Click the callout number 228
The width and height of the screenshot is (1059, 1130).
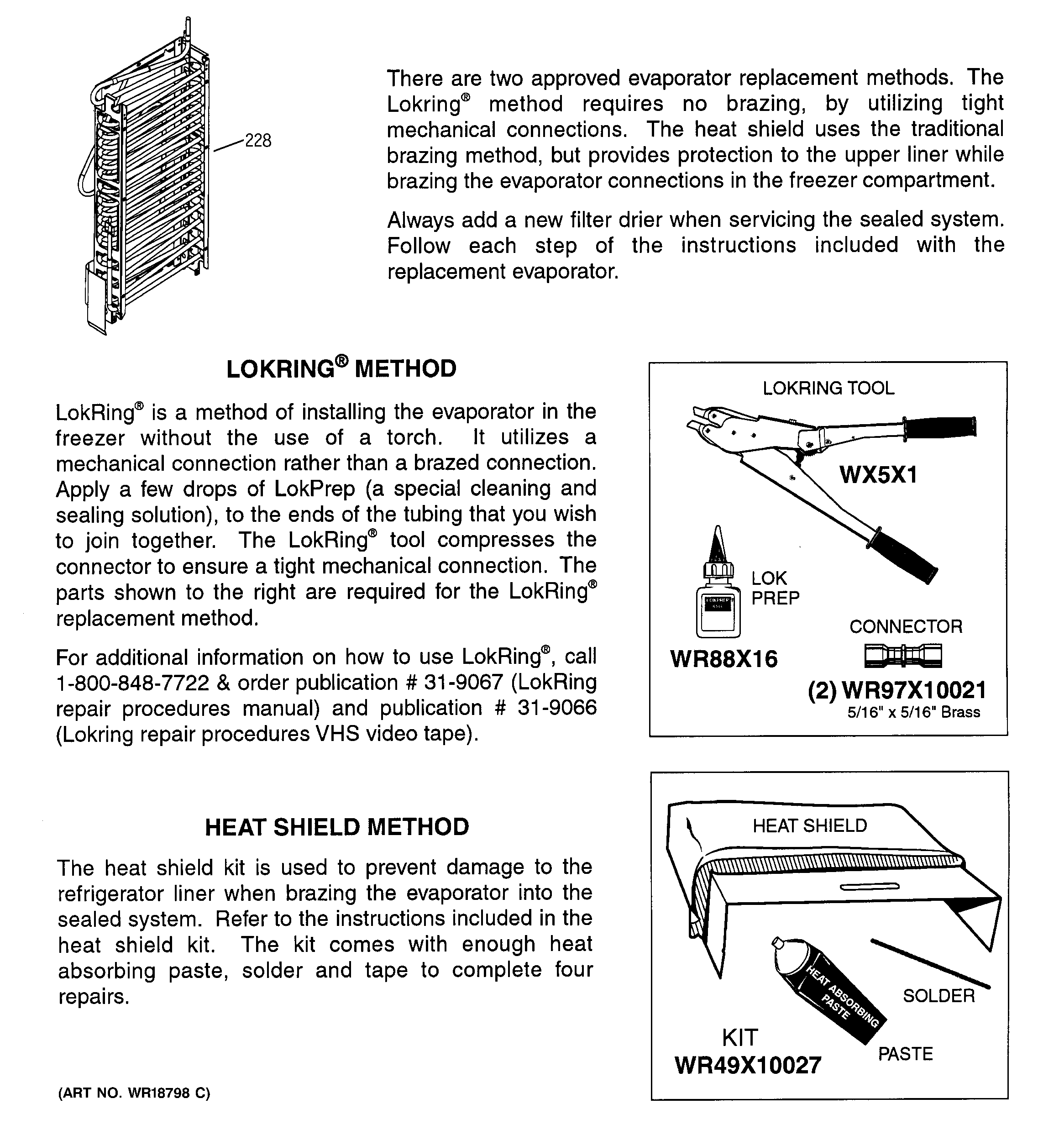click(257, 141)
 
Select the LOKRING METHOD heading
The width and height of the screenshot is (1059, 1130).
click(341, 369)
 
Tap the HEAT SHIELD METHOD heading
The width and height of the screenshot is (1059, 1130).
click(336, 827)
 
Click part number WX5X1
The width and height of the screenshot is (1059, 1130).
click(878, 475)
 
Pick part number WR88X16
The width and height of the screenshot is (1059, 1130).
click(723, 659)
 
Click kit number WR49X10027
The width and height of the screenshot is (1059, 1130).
click(748, 1065)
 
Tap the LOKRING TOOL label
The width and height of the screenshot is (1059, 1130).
click(828, 388)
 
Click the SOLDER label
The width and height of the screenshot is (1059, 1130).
click(938, 996)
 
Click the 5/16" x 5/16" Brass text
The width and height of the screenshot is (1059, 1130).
click(913, 713)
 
